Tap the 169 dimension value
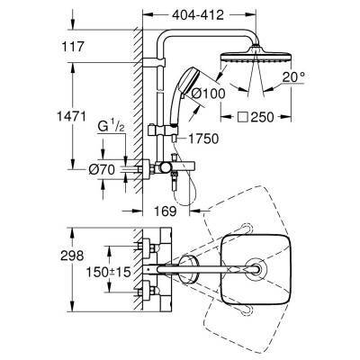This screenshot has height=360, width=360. (x=163, y=214)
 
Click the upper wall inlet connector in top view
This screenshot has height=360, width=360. (x=150, y=247)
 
